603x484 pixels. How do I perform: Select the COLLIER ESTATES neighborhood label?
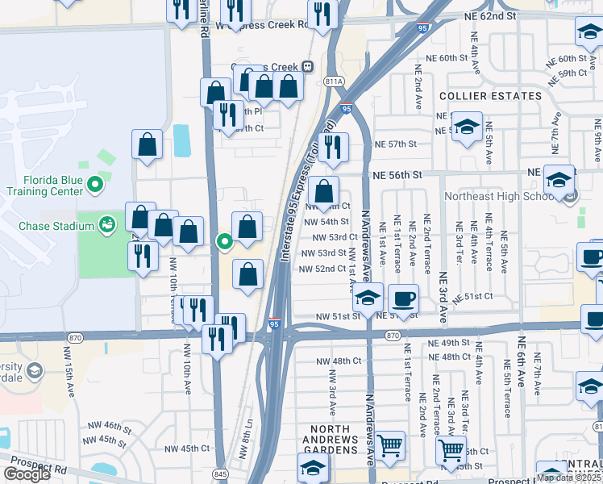click(x=490, y=96)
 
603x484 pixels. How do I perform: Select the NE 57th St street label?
click(x=395, y=144)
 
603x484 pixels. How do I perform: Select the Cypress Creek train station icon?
click(x=307, y=66)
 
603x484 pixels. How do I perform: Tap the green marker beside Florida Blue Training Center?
click(x=95, y=185)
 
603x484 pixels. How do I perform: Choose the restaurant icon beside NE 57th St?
click(x=332, y=147)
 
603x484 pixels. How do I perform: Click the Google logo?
click(x=27, y=474)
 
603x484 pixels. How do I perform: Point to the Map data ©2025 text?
click(x=569, y=478)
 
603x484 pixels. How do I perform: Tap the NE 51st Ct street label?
click(x=472, y=297)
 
